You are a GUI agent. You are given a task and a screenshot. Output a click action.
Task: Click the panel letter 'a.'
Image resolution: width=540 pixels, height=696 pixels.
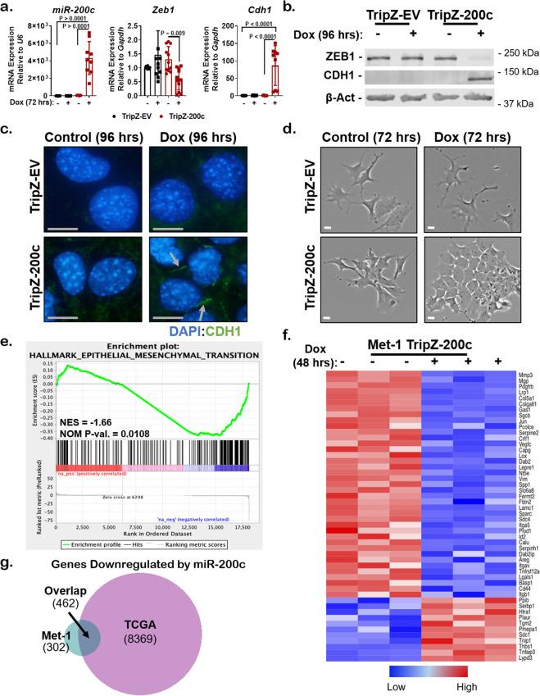10,8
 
